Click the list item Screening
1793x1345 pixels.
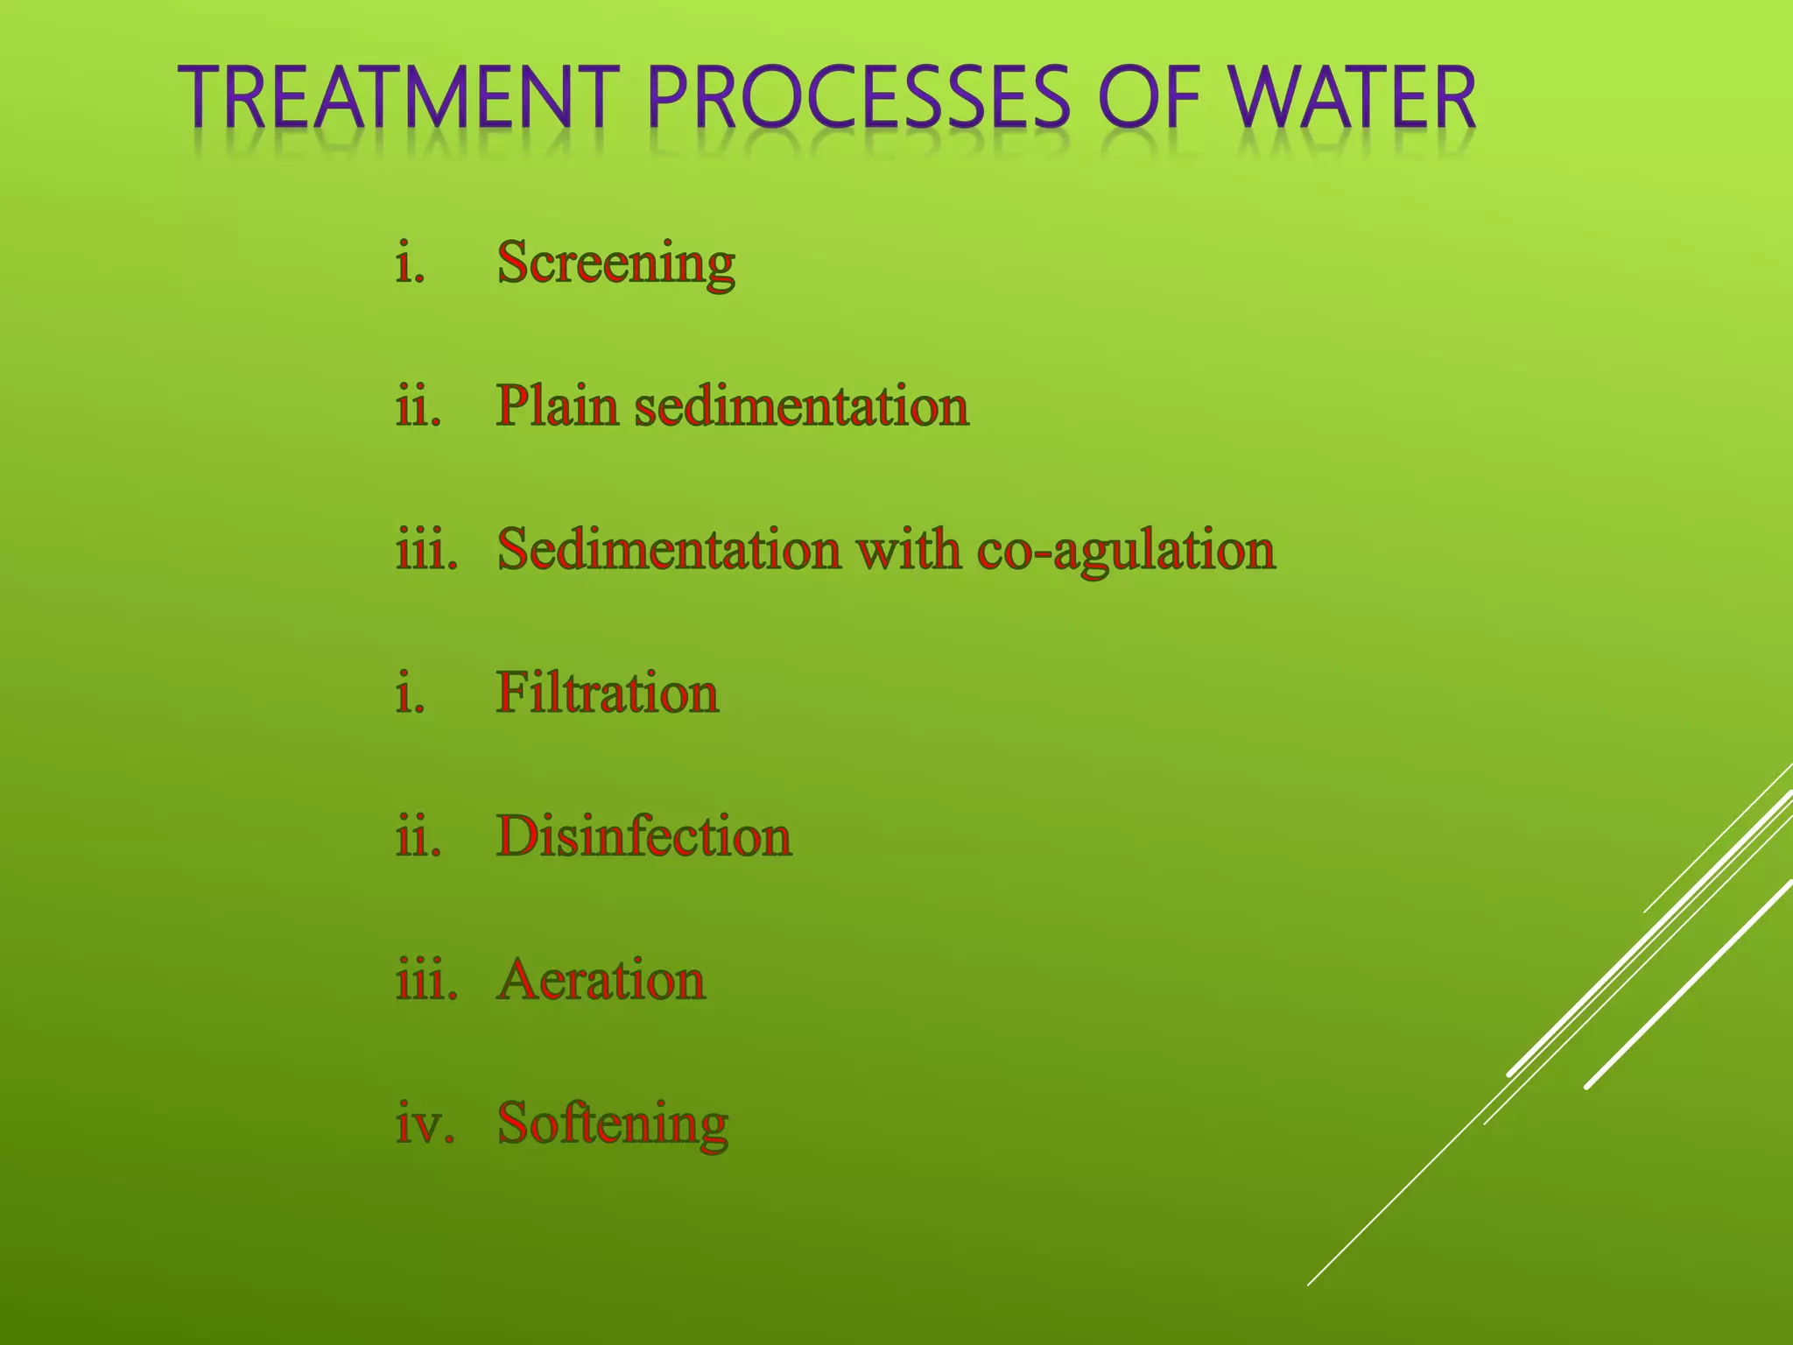(x=615, y=264)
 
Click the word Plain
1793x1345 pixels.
(x=557, y=407)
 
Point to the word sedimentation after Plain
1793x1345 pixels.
(x=801, y=407)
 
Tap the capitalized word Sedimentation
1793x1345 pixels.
(x=669, y=551)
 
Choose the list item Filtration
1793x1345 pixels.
(x=608, y=694)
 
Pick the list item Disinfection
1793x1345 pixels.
(x=643, y=837)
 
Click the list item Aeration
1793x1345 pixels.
(x=601, y=981)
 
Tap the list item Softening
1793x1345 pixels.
(x=612, y=1125)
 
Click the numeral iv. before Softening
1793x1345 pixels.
(x=425, y=1124)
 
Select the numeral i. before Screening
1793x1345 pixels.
(x=411, y=264)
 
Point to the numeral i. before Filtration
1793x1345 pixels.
(x=411, y=694)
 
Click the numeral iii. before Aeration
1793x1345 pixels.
(x=427, y=981)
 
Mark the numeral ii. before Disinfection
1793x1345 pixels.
(x=418, y=837)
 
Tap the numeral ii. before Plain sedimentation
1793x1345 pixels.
(x=418, y=407)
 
